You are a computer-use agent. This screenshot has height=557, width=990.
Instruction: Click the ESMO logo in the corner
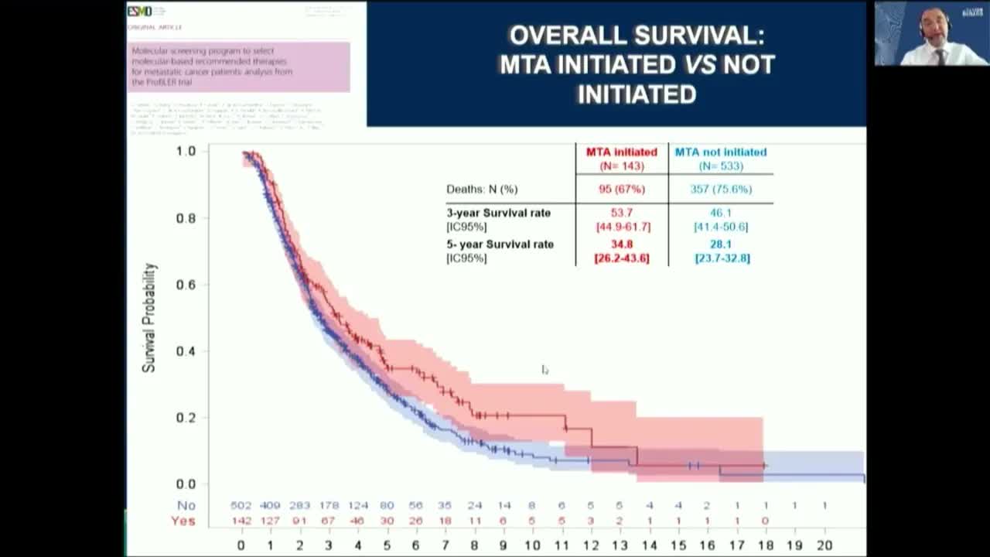(x=140, y=11)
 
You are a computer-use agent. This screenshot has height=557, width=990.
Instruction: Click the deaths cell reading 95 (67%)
(x=622, y=189)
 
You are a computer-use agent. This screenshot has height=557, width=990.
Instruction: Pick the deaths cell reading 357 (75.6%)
(x=720, y=189)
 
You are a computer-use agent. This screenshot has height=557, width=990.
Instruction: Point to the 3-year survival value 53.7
(x=622, y=213)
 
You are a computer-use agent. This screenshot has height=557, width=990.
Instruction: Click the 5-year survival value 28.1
(x=720, y=244)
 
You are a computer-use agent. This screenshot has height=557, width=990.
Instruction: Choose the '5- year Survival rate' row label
(x=500, y=244)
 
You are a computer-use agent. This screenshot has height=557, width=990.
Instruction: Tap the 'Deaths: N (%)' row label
(x=482, y=189)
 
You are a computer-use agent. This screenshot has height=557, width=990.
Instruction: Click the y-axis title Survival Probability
(x=149, y=317)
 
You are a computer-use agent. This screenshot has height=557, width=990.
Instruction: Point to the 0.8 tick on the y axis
(x=186, y=218)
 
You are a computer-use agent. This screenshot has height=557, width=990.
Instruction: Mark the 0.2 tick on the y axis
(x=186, y=418)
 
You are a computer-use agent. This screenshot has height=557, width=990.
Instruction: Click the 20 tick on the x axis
(x=824, y=545)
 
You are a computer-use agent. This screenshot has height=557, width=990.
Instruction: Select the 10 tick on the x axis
(x=532, y=545)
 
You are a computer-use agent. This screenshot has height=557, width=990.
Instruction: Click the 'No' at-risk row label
(x=186, y=505)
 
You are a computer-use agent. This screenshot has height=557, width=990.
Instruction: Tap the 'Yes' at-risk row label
(x=183, y=521)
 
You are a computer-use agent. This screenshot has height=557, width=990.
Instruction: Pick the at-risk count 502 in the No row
(x=241, y=505)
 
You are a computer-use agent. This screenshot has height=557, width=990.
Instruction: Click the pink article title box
(x=238, y=67)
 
